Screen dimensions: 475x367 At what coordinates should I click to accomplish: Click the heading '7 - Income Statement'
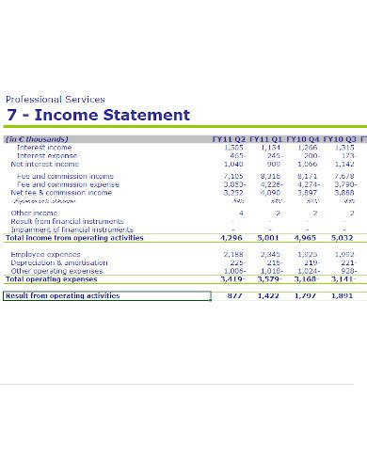click(x=98, y=116)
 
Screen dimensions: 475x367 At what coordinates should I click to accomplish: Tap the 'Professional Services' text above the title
click(x=56, y=99)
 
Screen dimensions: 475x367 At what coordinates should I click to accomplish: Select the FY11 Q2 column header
click(x=229, y=139)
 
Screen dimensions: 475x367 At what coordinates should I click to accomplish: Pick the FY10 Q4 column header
click(x=303, y=139)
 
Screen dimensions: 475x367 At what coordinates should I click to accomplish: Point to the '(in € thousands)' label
click(x=37, y=139)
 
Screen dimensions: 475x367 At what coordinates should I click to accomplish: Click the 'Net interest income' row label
click(x=44, y=164)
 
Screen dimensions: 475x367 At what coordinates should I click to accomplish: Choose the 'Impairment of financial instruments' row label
click(x=72, y=230)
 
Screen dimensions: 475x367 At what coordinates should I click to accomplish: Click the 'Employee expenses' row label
click(x=45, y=254)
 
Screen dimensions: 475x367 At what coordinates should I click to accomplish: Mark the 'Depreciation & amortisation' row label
click(x=56, y=262)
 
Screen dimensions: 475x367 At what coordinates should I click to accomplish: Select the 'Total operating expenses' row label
click(x=51, y=279)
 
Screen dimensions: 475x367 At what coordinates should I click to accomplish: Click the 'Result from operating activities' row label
click(x=62, y=295)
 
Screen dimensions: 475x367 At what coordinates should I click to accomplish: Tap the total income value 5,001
click(x=268, y=238)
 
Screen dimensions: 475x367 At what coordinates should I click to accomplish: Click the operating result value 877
click(x=236, y=295)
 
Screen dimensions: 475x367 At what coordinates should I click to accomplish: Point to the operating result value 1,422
click(x=268, y=295)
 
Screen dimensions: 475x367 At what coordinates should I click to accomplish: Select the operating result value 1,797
click(x=306, y=295)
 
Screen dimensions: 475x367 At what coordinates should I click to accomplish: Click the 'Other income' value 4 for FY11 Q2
click(x=241, y=213)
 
